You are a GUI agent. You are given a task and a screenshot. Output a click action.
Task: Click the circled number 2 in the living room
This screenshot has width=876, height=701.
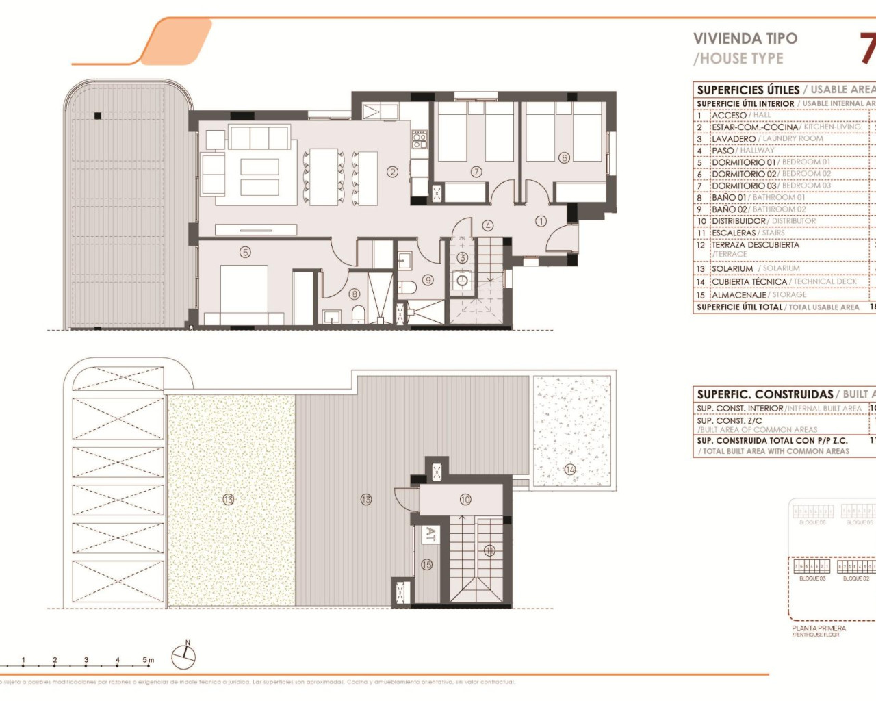[392, 172]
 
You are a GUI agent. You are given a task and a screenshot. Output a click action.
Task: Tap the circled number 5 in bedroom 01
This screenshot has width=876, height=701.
[245, 252]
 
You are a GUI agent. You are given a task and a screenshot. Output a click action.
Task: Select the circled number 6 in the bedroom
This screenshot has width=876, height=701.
[564, 157]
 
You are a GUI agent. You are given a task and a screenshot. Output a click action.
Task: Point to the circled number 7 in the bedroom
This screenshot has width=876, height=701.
[476, 172]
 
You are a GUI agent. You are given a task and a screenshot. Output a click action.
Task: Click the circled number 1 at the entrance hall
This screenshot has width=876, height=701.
[541, 221]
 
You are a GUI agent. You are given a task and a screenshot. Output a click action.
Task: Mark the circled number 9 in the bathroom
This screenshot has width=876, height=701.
[428, 279]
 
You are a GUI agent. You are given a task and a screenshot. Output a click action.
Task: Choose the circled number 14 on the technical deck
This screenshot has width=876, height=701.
[570, 470]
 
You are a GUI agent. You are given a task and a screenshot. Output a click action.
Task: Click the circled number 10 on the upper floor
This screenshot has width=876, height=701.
[465, 500]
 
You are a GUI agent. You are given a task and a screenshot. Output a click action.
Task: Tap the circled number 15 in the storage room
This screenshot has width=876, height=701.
[427, 565]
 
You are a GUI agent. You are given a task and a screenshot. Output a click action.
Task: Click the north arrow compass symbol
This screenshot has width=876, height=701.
[183, 657]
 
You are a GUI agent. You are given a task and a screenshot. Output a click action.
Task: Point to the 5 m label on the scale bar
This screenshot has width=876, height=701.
[149, 660]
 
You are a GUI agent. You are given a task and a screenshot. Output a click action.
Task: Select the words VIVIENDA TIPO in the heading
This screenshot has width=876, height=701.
[745, 38]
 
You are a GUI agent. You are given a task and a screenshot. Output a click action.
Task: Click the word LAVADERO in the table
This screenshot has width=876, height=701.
[734, 139]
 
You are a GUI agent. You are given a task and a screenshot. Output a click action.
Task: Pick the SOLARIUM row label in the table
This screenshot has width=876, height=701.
[732, 269]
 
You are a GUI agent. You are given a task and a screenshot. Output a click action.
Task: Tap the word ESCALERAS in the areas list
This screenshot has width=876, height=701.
[734, 233]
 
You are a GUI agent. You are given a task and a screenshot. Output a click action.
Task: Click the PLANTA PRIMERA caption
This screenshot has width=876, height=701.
[819, 628]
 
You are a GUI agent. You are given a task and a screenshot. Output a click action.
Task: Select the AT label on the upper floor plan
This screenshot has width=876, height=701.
[430, 535]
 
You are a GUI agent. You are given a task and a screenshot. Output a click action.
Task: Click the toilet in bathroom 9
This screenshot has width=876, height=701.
[407, 288]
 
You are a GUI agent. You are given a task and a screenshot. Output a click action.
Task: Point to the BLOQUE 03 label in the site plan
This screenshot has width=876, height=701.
[812, 578]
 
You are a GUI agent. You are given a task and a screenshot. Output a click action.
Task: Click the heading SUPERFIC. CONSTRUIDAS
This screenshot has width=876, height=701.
[764, 394]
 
